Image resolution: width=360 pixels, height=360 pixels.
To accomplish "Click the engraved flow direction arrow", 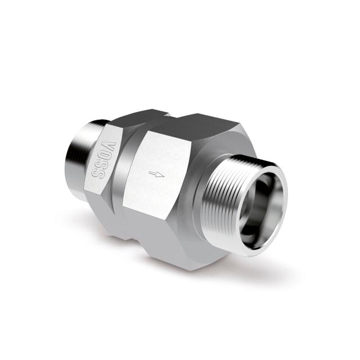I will click(158, 175).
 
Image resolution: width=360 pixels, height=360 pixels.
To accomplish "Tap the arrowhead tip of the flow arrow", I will click(164, 175).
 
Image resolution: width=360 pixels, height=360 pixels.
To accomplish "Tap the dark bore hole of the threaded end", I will click(260, 200).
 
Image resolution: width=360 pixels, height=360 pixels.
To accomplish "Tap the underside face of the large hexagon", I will click(169, 247).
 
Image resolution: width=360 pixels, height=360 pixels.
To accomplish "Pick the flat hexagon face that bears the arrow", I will click(160, 180).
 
